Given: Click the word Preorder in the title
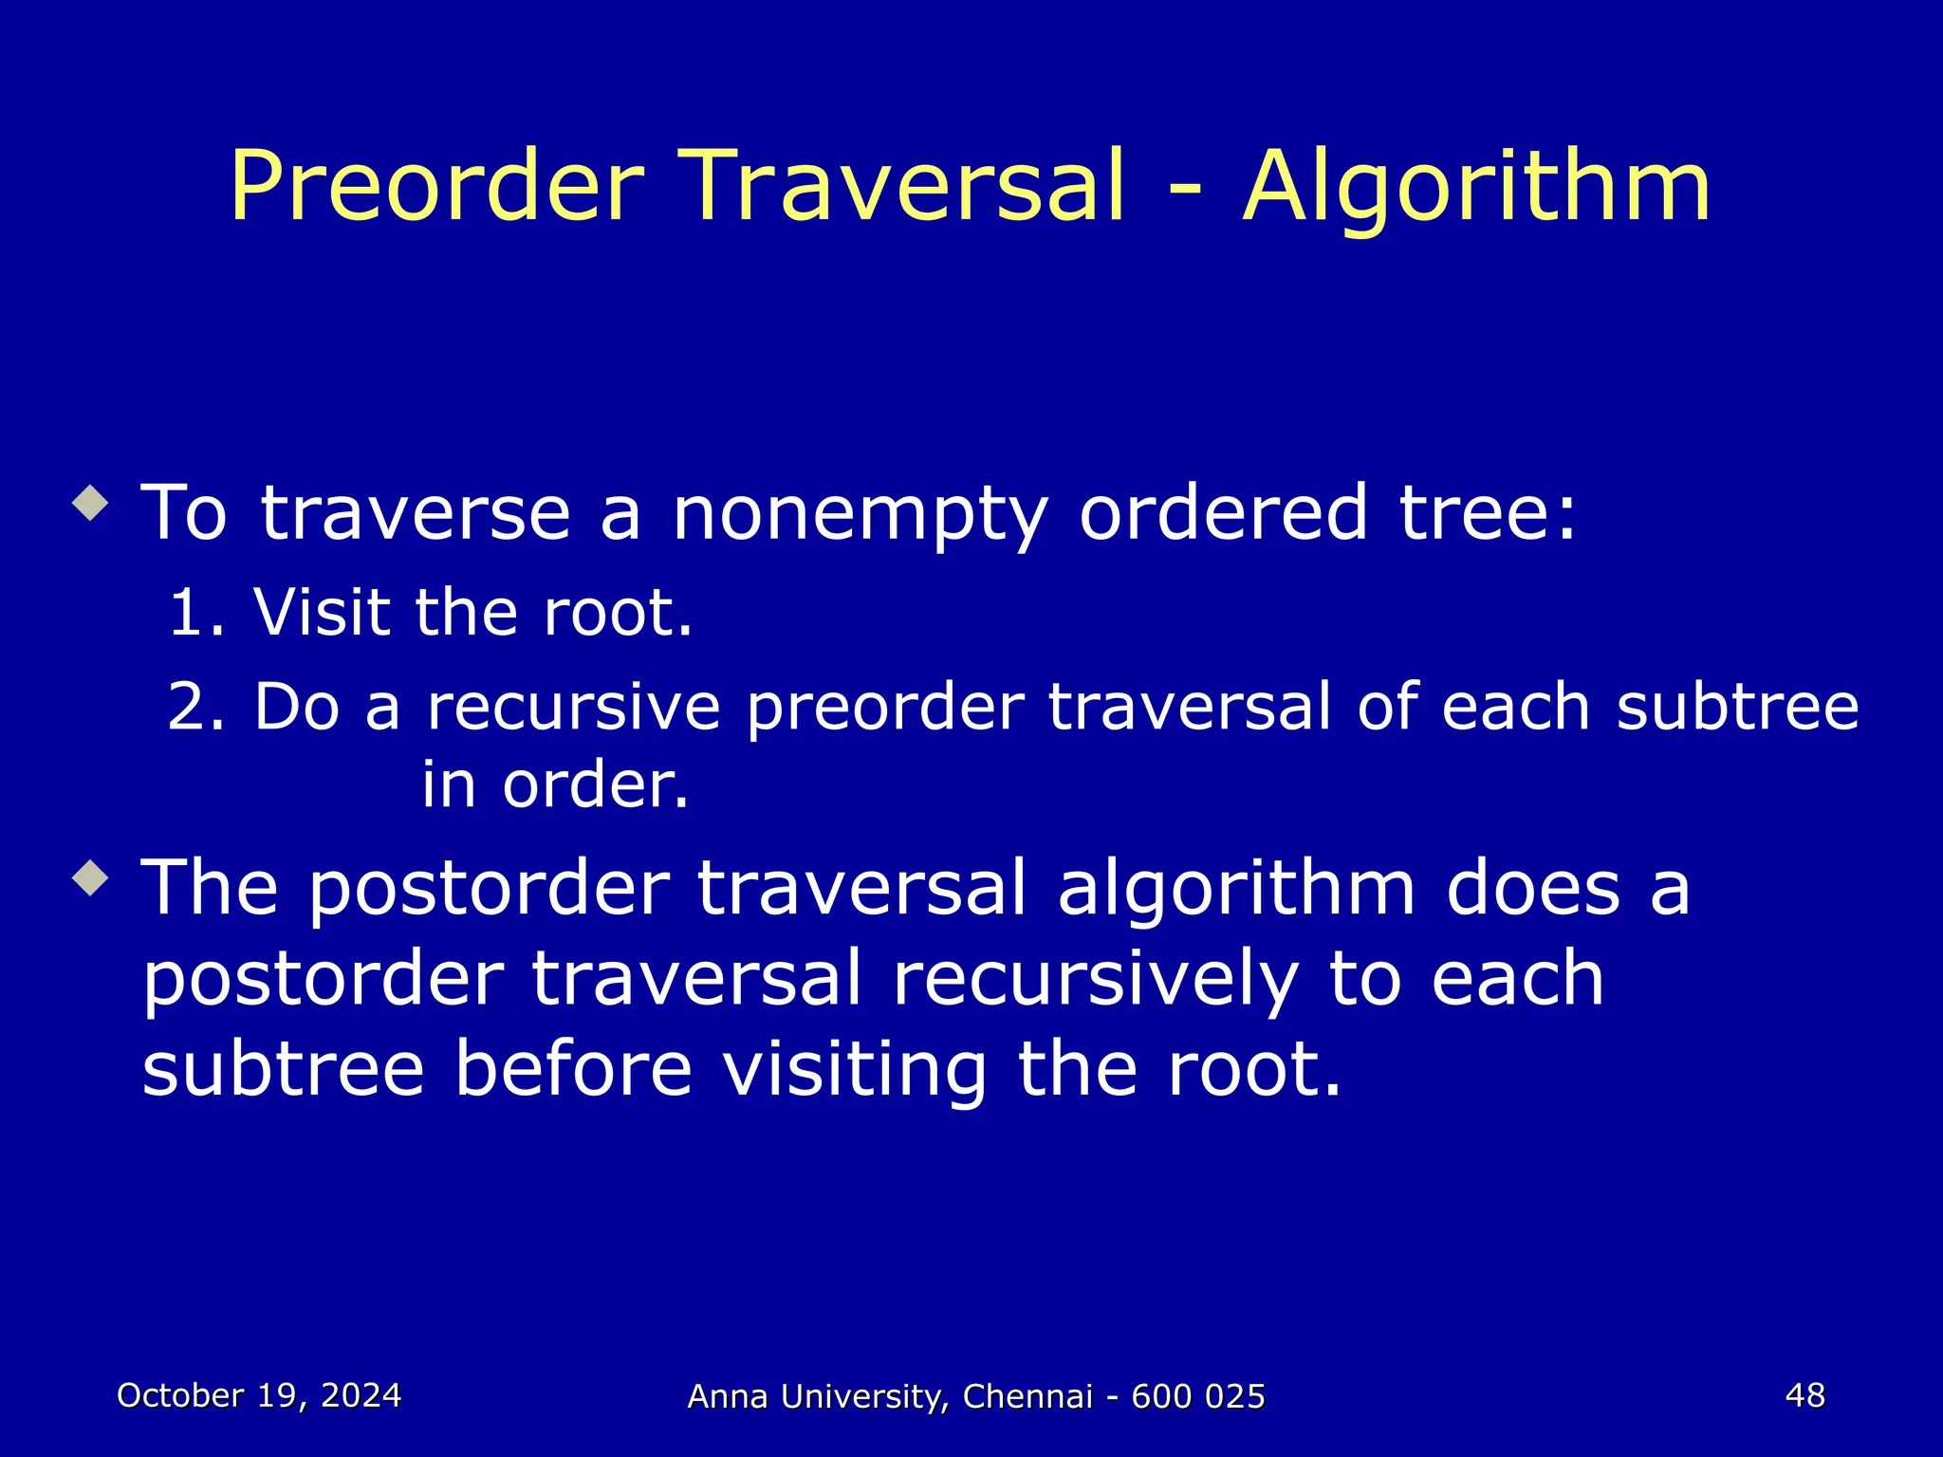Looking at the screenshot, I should (437, 187).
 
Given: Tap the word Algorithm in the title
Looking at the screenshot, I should (1476, 187).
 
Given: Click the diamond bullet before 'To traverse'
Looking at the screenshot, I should (91, 503).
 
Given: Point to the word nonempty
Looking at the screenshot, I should (860, 514).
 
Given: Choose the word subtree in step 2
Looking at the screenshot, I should (1737, 708).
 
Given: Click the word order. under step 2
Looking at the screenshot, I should (596, 785).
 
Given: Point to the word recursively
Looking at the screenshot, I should (1095, 979).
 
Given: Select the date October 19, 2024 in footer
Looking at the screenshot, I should (259, 1395).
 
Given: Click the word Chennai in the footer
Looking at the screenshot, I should (1027, 1396).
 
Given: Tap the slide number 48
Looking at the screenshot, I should (1804, 1395).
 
